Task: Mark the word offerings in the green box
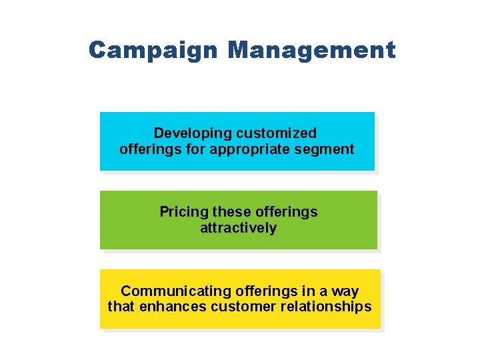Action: point(286,212)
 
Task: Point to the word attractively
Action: point(238,228)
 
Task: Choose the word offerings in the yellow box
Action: point(247,291)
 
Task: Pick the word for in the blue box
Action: point(196,149)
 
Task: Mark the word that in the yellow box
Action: point(121,307)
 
